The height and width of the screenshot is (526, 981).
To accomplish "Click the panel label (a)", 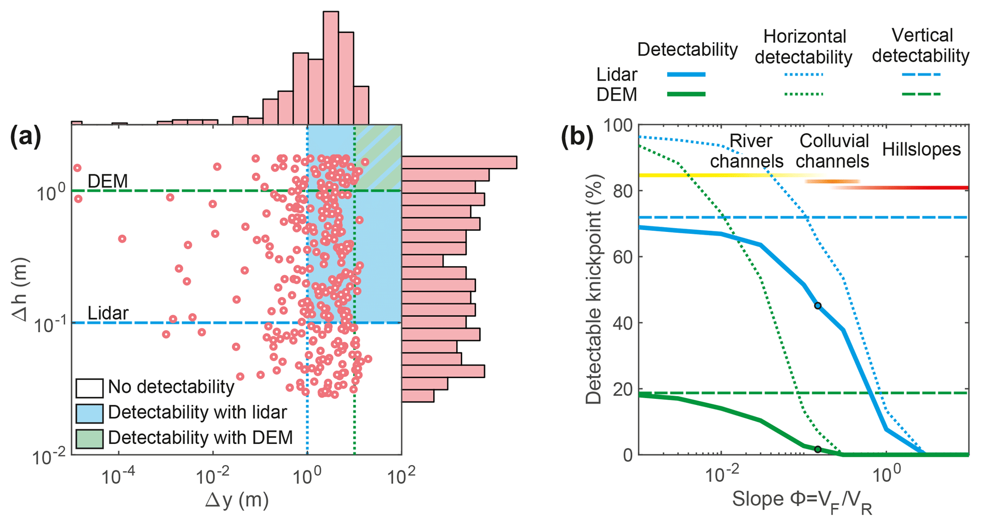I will point(26,137).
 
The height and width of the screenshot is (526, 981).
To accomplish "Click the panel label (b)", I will point(577,137).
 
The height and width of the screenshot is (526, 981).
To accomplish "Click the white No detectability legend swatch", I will point(89,388).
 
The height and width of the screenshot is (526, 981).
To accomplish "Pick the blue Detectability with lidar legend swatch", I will point(89,413).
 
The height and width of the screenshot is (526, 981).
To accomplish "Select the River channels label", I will point(747,151).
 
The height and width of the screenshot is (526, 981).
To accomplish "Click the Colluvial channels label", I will point(833,151).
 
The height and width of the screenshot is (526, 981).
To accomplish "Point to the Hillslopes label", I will point(921,149).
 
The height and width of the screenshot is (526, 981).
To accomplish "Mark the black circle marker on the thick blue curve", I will point(817,306).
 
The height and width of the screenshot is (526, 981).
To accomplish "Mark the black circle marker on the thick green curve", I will point(817,449).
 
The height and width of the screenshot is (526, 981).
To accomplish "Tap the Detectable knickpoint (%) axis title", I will point(593,289).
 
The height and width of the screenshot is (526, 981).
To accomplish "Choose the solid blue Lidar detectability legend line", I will point(686,74).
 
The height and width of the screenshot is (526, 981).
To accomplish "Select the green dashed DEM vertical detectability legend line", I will point(921,94).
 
